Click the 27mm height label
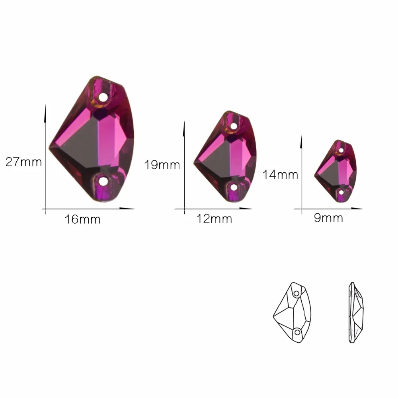click(23, 162)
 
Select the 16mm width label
click(82, 220)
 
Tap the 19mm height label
click(162, 165)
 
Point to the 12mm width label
click(214, 219)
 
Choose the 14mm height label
click(280, 175)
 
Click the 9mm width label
click(328, 218)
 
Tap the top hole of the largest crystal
click(103, 97)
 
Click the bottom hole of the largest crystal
click(103, 181)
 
